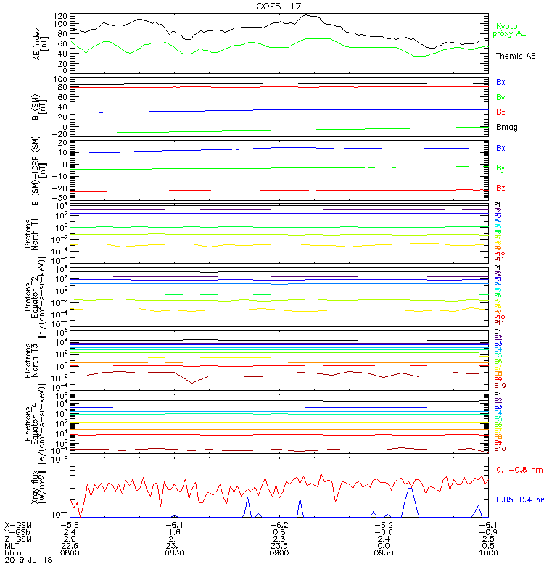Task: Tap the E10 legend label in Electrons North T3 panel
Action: click(x=500, y=385)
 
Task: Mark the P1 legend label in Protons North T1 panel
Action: click(x=498, y=204)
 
